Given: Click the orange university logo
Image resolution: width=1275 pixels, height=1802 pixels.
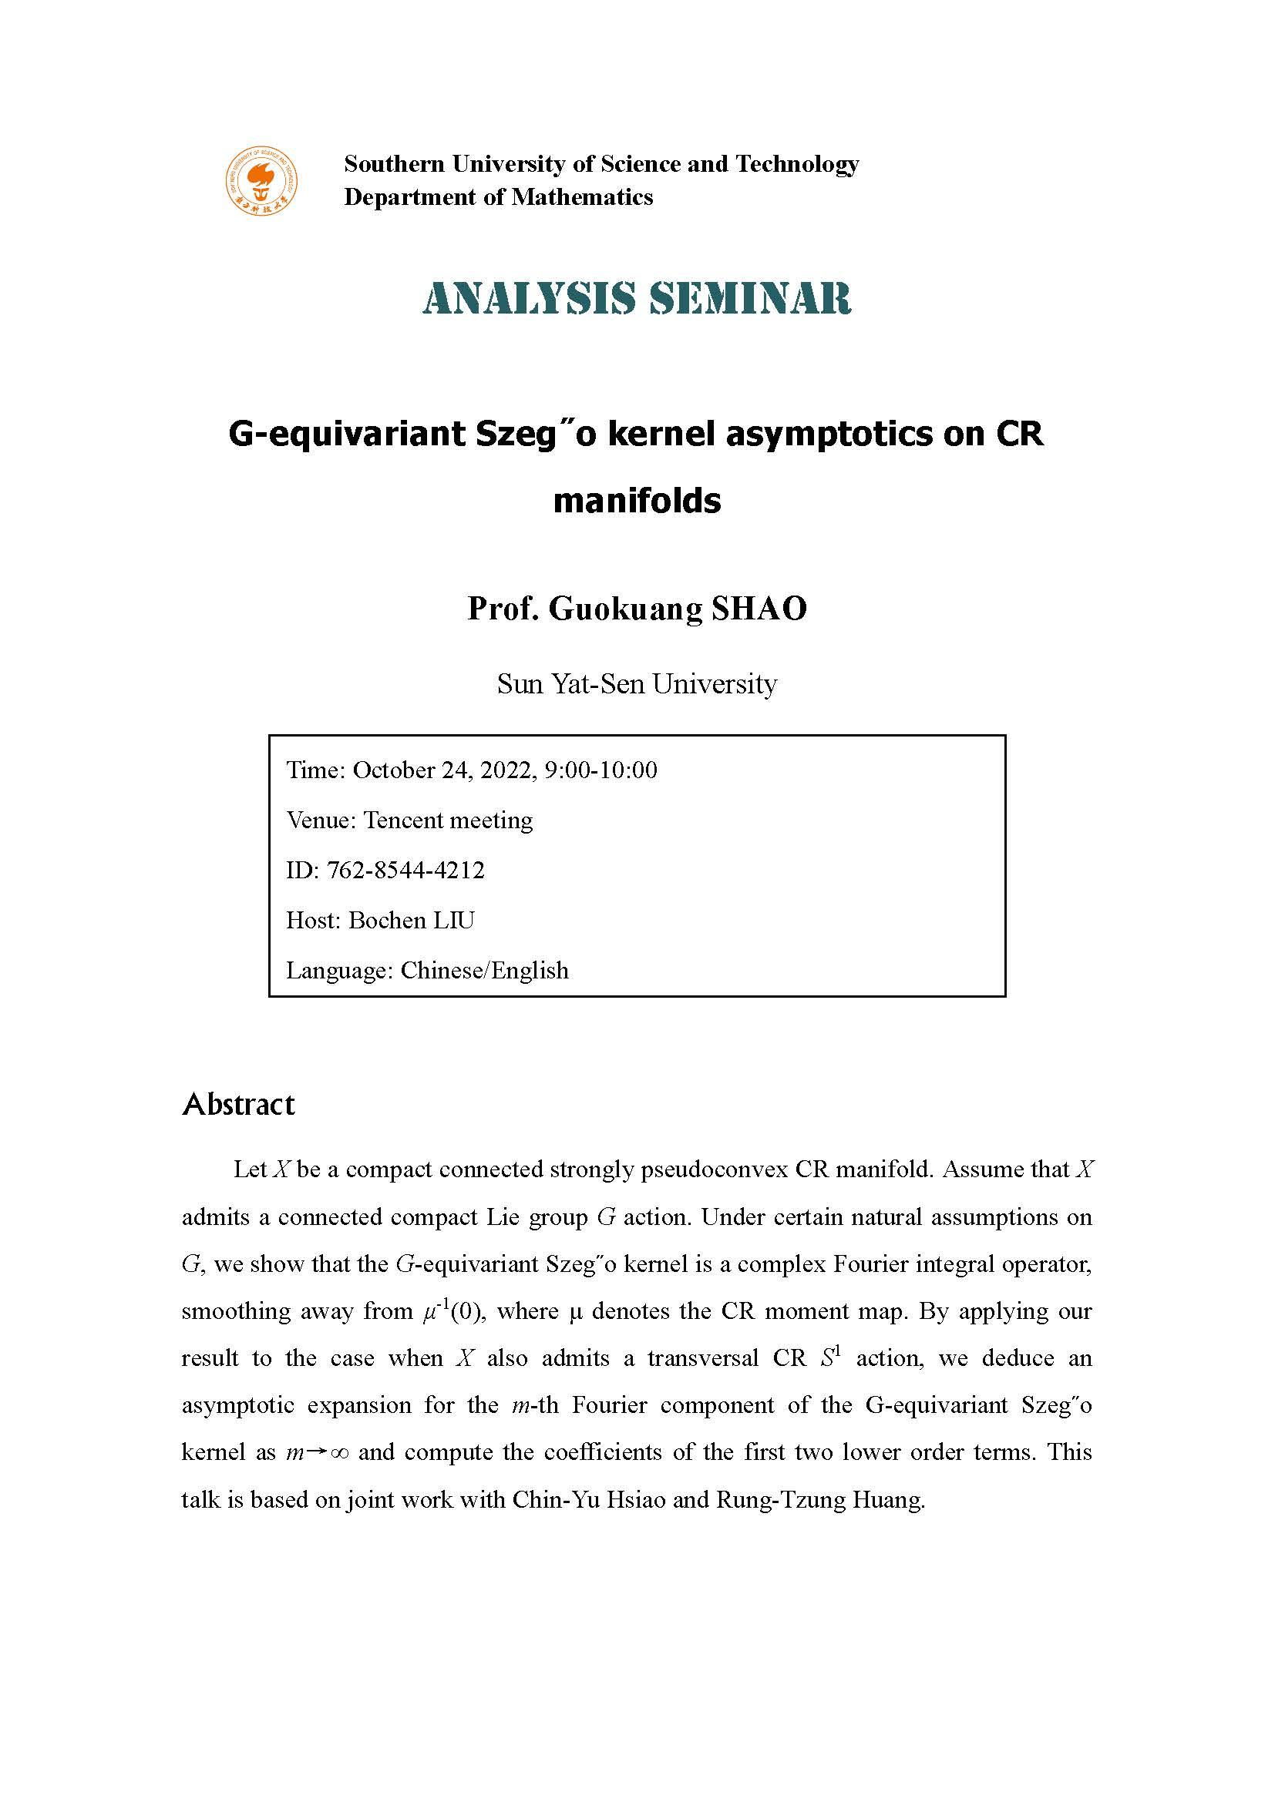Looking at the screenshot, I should [262, 180].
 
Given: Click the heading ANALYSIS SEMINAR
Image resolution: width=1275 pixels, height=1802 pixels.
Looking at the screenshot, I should [637, 299].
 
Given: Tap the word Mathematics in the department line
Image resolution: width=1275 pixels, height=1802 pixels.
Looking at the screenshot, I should [582, 197].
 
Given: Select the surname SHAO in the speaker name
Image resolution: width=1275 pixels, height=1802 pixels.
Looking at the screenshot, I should [759, 609].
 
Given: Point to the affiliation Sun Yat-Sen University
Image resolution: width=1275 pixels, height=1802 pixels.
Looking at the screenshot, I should [637, 684].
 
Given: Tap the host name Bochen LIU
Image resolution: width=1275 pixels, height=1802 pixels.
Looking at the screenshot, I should [412, 921].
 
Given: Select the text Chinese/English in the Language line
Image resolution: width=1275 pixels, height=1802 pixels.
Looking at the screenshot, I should [484, 971].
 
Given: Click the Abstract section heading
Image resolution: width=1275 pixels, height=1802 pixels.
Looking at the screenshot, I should [238, 1104].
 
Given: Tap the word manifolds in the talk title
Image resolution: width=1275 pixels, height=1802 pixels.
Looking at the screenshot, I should [637, 501].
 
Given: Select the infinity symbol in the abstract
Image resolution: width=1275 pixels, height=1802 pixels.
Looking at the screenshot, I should [339, 1453].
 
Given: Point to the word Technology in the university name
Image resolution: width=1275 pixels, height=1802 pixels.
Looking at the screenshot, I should [797, 164].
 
